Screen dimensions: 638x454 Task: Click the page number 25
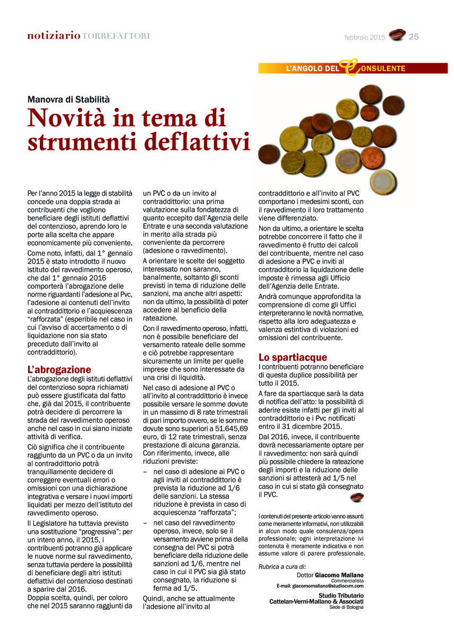414,37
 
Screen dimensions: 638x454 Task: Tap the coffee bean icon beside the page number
397,35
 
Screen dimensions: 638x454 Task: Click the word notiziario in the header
54,36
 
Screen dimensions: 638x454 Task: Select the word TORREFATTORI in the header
116,36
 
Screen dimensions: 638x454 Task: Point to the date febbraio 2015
364,37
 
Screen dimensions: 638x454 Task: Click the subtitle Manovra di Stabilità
68,98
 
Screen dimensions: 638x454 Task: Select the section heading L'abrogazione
59,370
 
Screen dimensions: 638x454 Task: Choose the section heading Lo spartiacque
293,357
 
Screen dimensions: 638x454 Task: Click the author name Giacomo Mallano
339,575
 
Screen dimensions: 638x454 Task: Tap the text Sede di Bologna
346,607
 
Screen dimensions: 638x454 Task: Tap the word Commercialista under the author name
348,581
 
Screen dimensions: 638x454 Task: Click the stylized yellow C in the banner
347,67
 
